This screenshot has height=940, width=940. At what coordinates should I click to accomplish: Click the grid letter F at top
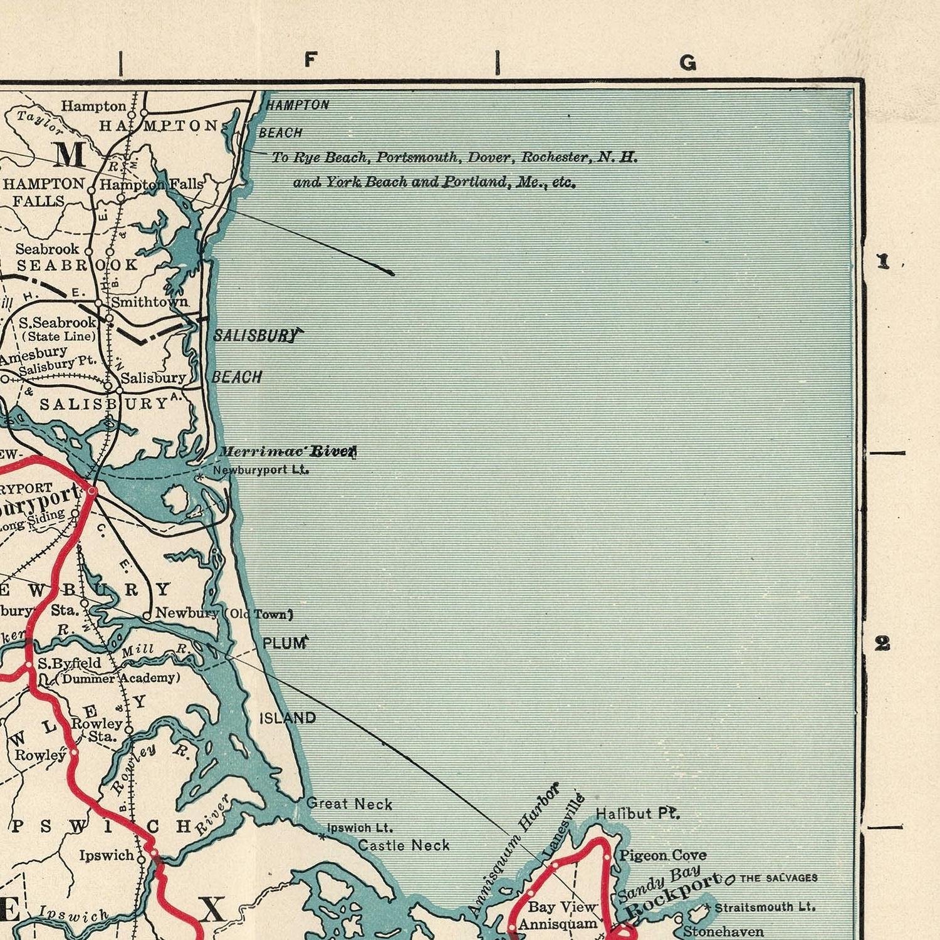click(311, 60)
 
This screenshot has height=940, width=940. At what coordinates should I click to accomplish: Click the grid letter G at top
click(688, 63)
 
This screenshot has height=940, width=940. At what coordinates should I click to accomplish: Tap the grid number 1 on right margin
click(883, 261)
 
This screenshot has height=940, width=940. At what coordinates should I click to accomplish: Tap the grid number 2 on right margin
click(882, 643)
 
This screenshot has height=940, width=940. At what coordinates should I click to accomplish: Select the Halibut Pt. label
click(637, 813)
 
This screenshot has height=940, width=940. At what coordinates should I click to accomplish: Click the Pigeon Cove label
click(662, 855)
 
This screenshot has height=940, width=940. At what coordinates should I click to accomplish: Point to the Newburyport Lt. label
click(261, 470)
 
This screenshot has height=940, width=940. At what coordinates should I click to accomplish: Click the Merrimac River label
click(287, 452)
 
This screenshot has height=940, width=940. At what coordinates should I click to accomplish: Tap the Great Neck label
click(349, 804)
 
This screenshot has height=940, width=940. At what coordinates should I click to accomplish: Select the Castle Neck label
click(404, 845)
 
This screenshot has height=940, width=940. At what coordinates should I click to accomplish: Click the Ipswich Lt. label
click(360, 828)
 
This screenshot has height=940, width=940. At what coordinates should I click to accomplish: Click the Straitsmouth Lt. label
click(765, 907)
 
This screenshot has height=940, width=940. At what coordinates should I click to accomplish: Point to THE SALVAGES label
click(778, 878)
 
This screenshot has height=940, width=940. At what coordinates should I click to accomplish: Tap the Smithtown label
click(149, 302)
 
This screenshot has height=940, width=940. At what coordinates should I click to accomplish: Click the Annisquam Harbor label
click(513, 850)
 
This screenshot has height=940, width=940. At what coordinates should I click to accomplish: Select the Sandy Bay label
click(658, 884)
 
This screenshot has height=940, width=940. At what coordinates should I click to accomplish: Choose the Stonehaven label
click(723, 932)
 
